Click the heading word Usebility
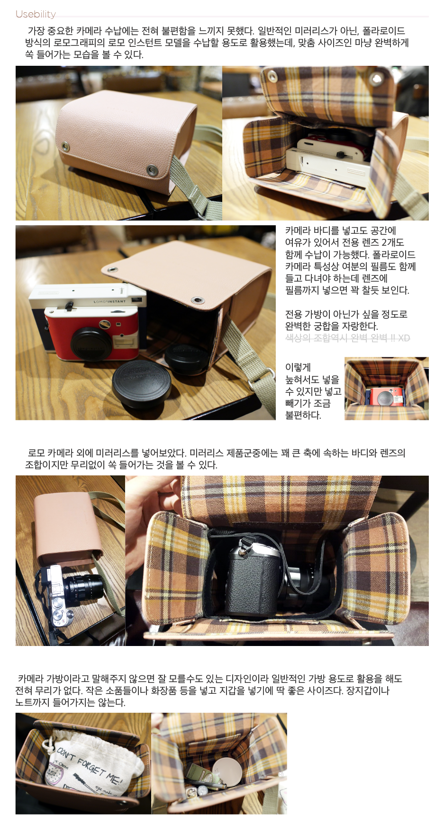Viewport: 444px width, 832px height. (x=36, y=14)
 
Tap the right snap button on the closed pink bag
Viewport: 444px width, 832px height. (x=152, y=169)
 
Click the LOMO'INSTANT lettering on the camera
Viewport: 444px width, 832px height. (x=110, y=301)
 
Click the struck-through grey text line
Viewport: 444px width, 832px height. (x=347, y=338)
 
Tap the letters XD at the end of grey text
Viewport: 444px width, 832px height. (x=404, y=338)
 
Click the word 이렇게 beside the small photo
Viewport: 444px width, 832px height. (x=298, y=367)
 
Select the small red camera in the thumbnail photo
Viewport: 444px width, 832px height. (x=386, y=397)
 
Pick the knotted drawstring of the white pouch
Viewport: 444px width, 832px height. (x=47, y=745)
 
